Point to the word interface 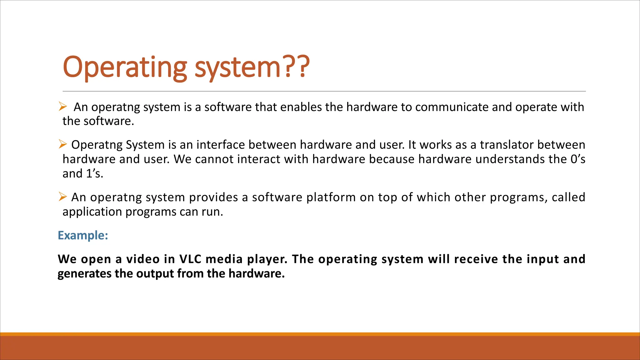(220, 145)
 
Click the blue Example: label (83, 235)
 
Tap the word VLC (190, 259)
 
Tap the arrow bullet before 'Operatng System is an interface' (62, 144)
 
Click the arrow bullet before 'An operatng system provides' (62, 197)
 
